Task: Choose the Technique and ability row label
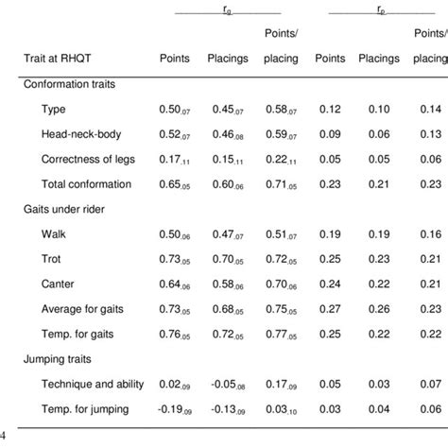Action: coord(93,383)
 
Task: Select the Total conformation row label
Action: coord(86,183)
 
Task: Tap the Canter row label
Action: coord(59,283)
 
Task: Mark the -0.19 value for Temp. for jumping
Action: coord(169,407)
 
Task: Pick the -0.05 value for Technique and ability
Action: coord(222,383)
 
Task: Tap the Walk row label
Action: coord(55,233)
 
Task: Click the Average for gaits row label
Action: coord(83,308)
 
